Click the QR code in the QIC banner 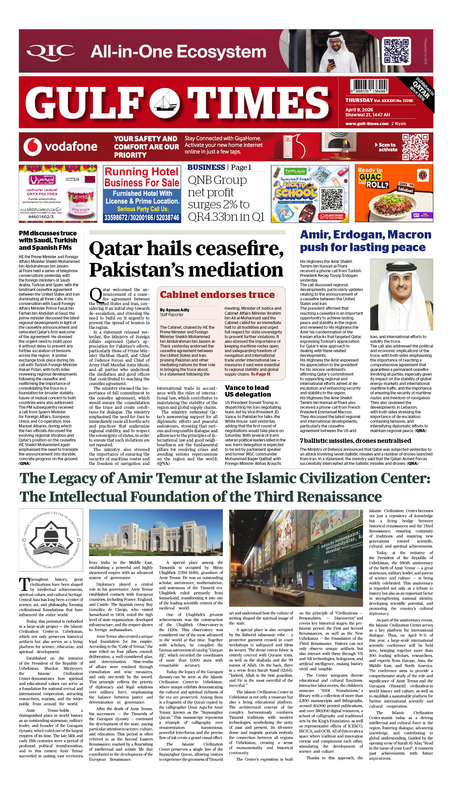397,51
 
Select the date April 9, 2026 359,110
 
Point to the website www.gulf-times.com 367,124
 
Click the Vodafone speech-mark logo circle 32,147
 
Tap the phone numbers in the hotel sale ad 142,218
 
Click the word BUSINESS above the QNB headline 206,168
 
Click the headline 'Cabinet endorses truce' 217,295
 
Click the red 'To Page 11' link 260,374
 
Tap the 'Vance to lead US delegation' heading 248,391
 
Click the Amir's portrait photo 401,294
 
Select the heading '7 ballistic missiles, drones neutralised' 355,441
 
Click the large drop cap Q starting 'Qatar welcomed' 95,295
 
